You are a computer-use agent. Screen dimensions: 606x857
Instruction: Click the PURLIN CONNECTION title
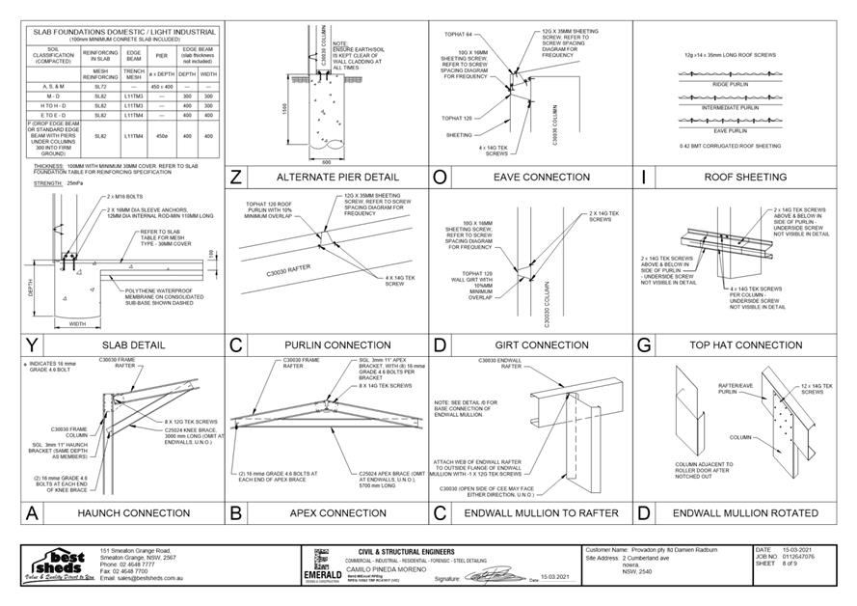[323, 344]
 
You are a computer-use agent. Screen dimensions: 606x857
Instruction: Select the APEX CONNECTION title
[324, 512]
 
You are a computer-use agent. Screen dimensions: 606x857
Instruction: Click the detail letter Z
[237, 178]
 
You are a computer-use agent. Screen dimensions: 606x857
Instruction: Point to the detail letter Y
[32, 344]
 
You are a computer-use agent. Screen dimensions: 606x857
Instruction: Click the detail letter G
[644, 344]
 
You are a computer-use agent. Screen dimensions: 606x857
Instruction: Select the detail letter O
[440, 178]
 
